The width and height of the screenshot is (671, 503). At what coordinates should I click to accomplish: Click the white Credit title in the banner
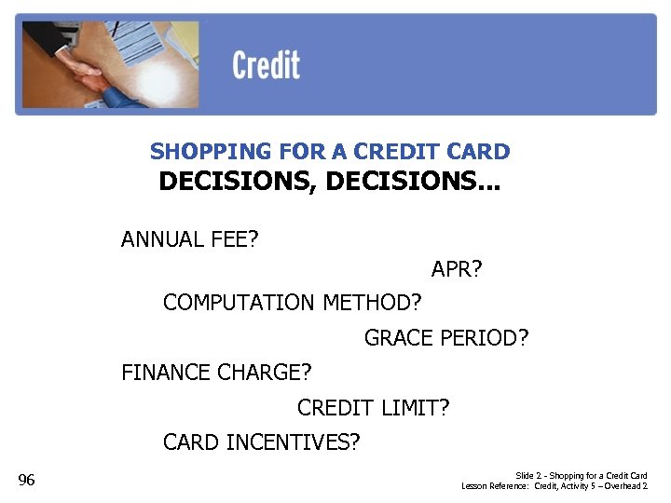266,66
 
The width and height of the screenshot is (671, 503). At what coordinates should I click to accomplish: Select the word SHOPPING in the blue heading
200,152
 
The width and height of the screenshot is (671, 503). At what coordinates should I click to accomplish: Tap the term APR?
457,270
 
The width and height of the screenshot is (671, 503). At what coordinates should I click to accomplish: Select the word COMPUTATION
239,303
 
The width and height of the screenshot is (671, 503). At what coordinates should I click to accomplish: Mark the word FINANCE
166,373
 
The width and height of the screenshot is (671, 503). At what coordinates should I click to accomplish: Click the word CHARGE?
265,373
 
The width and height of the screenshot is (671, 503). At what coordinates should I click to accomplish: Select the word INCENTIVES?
303,442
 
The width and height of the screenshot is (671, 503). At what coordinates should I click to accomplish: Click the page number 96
27,480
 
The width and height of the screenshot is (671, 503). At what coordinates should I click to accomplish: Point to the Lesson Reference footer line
554,486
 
